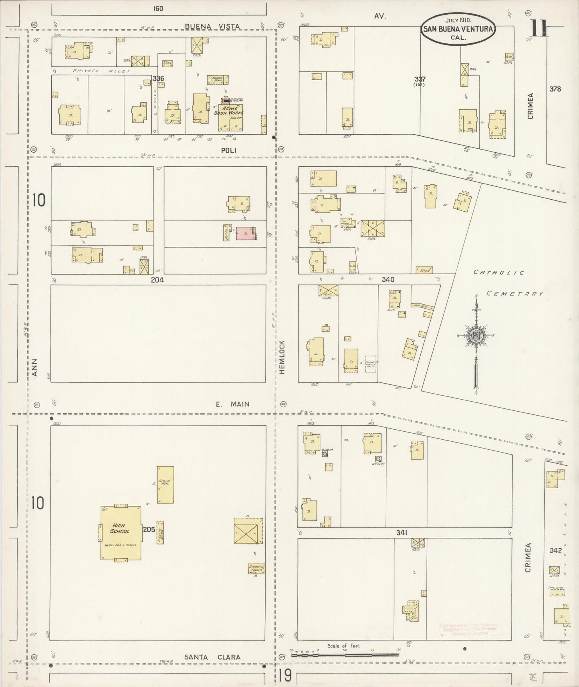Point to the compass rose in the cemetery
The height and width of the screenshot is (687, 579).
pos(476,336)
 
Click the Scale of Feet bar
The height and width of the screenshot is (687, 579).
pos(345,655)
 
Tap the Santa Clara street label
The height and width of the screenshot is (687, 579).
pos(212,657)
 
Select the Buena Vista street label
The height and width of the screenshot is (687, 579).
pos(212,26)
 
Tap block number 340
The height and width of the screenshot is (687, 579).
pos(388,279)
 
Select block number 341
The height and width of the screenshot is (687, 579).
pos(401,533)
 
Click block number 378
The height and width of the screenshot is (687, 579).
pos(555,89)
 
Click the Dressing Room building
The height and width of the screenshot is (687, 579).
pos(256,569)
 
